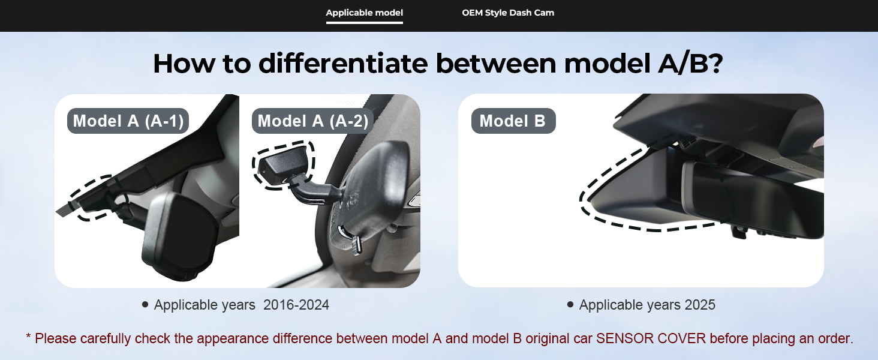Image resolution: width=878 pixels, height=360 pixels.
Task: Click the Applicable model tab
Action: [364, 13]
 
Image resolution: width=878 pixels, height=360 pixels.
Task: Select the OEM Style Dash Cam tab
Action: [508, 13]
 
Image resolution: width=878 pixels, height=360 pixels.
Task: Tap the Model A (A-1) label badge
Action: [128, 121]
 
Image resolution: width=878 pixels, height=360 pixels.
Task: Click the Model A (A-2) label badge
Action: [312, 121]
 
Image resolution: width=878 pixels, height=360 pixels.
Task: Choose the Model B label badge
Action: [513, 121]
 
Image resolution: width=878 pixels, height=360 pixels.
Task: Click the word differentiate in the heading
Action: [343, 64]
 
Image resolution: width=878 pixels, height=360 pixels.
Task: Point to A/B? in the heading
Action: [690, 64]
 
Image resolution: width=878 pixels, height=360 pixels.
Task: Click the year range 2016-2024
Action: [296, 305]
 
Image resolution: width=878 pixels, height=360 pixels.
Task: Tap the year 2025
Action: [700, 305]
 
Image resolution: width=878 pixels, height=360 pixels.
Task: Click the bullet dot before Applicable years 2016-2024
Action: [145, 304]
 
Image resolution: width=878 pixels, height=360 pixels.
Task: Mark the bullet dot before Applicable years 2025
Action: [570, 304]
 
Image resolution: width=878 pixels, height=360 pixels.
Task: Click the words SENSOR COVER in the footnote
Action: [651, 338]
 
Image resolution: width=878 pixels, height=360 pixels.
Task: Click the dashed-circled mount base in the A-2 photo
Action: [283, 165]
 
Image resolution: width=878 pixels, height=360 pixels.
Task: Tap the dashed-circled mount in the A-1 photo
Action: [98, 198]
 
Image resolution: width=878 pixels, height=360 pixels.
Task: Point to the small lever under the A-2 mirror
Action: [356, 245]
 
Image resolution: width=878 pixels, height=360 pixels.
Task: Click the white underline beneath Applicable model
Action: [364, 23]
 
